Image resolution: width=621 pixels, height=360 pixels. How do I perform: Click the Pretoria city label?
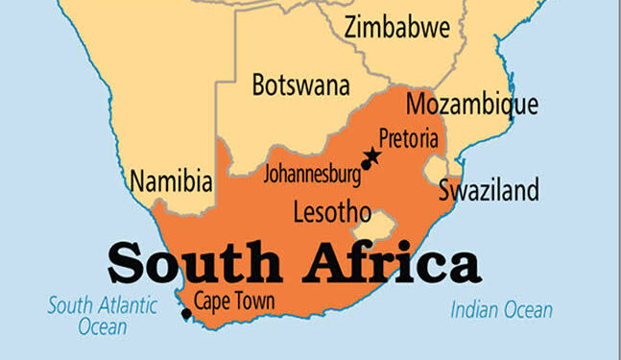pyautogui.click(x=408, y=138)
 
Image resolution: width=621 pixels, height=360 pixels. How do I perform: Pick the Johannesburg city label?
pyautogui.click(x=313, y=175)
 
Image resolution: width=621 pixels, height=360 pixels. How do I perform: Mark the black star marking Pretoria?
pyautogui.click(x=373, y=156)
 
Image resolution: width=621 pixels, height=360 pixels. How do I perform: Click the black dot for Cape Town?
pyautogui.click(x=185, y=313)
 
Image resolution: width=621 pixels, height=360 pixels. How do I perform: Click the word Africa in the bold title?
pyautogui.click(x=382, y=262)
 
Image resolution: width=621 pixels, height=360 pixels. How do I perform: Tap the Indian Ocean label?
pyautogui.click(x=502, y=309)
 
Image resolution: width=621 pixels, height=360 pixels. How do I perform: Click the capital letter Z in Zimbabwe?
pyautogui.click(x=351, y=28)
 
